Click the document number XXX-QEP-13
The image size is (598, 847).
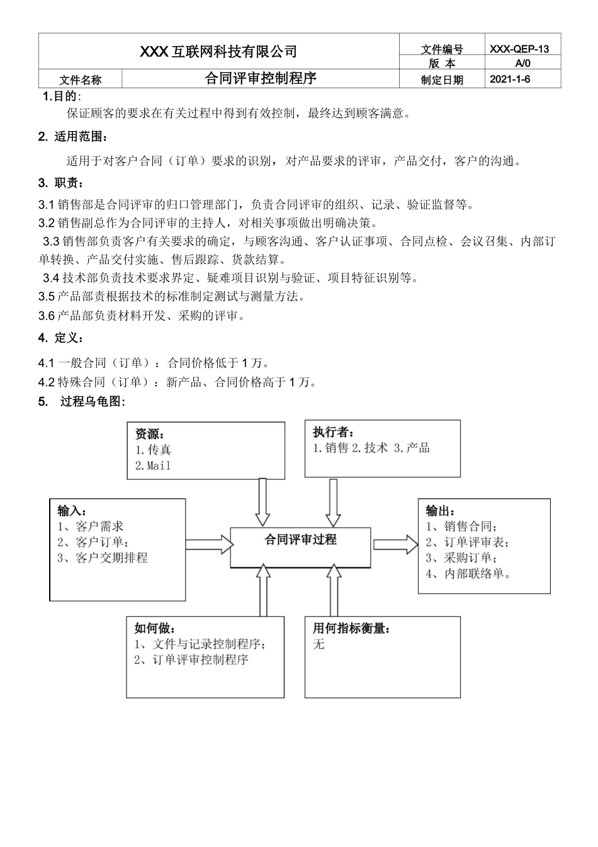coord(519,49)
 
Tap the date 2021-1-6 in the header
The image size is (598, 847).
coord(510,79)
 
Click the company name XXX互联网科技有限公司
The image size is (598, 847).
coord(218,52)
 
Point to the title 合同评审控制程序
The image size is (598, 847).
coord(261,79)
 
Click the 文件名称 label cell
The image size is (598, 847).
coord(80,80)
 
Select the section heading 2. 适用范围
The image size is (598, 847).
coord(72,137)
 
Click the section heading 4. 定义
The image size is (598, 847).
coord(61,338)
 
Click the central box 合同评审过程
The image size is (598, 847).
coord(300,539)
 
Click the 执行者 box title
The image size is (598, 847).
coord(333,432)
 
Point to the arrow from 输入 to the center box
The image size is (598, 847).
coord(208,543)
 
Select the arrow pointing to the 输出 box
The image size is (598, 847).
coord(395,544)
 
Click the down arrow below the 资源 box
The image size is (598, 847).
coord(263,502)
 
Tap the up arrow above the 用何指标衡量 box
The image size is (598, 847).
coord(333,589)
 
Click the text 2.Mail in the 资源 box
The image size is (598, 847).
coord(153,466)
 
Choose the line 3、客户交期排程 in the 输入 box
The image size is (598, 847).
coord(103,558)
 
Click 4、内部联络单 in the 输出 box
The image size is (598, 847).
coord(468,573)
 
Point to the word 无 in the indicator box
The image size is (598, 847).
coord(319,644)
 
